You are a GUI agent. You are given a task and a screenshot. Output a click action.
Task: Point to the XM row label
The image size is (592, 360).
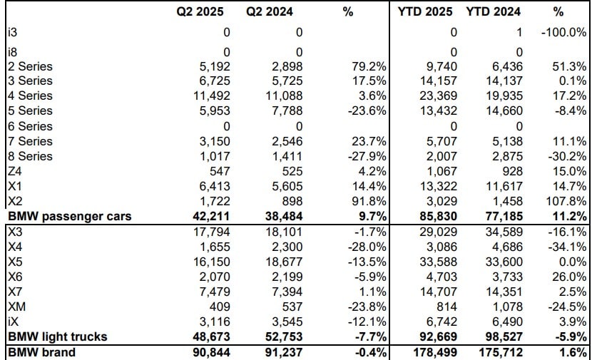(16, 307)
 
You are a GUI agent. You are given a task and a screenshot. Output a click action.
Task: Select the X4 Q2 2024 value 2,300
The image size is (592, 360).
(288, 247)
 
